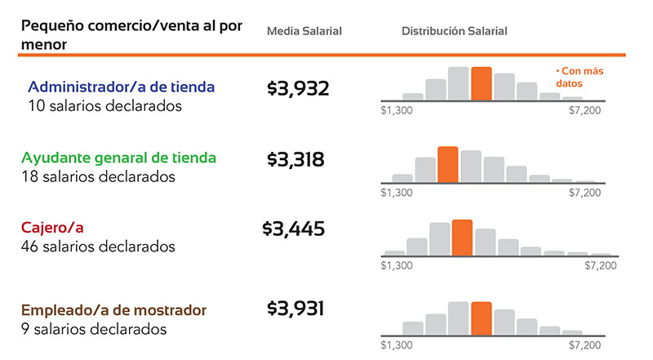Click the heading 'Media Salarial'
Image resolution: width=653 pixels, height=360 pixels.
pos(304,31)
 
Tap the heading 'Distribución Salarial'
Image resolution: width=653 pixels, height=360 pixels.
pos(454,31)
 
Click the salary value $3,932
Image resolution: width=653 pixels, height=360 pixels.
pos(298,88)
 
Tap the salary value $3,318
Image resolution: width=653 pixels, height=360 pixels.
pos(295,159)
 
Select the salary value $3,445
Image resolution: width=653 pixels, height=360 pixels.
pos(294,229)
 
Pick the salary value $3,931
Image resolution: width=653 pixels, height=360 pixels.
pos(295,308)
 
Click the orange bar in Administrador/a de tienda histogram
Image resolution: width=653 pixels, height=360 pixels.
pos(481,83)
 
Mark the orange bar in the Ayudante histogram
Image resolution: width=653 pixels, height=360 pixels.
pos(447,164)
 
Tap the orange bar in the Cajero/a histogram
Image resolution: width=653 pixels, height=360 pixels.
pos(462,238)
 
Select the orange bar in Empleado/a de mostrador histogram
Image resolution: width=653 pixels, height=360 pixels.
pos(481,318)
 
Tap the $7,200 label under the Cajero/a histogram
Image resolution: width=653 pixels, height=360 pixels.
pos(601,265)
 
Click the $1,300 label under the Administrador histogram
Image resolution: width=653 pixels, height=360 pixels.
pos(397,109)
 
